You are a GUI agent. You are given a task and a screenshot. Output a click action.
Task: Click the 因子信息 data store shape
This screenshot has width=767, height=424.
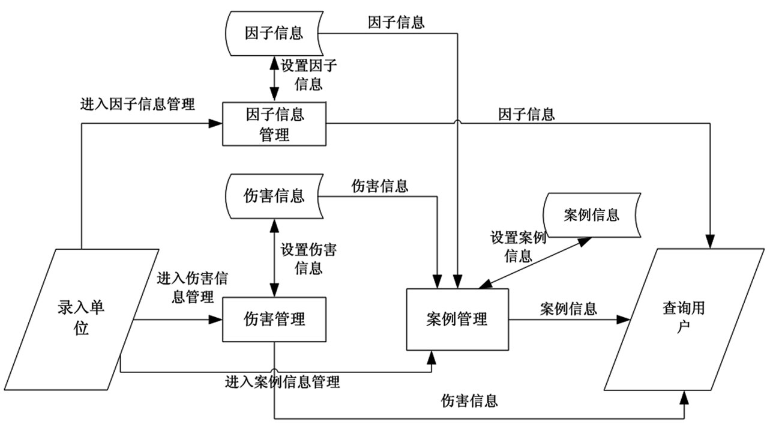[274, 32]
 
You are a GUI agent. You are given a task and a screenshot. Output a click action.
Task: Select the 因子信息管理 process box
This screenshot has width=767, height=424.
[274, 124]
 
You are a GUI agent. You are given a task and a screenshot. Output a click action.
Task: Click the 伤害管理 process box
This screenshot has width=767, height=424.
[274, 318]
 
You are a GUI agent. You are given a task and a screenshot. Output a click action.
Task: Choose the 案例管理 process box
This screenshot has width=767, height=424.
[457, 319]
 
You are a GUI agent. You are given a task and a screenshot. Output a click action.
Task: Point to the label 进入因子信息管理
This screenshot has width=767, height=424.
[137, 104]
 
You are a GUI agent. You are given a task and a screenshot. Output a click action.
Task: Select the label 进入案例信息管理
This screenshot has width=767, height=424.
[283, 382]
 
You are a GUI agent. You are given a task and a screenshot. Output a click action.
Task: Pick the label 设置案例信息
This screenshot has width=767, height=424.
[518, 246]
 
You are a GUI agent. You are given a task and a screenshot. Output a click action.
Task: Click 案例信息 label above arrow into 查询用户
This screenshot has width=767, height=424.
[568, 309]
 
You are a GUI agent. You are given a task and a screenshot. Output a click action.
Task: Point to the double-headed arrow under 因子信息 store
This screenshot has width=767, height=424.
[274, 77]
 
